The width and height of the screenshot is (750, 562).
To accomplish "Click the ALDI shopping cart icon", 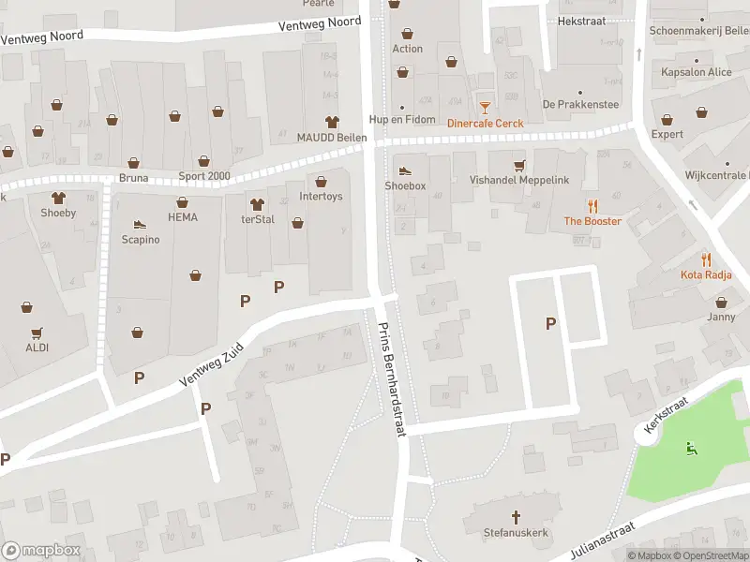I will pos(37,333).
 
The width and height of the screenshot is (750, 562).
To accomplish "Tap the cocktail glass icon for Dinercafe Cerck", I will pos(485,108).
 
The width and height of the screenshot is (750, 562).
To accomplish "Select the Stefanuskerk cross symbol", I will pos(516,516).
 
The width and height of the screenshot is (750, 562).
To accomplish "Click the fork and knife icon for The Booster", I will pos(592,206).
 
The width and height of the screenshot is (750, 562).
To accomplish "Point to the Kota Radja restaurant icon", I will pos(706,259).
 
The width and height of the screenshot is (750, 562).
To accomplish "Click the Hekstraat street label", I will pos(581,20).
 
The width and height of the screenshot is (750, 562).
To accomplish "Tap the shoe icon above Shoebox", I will pos(405,170).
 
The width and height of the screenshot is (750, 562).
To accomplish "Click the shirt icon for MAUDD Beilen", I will pos(331,121).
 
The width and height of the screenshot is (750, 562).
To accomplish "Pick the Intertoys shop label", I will pos(321,197).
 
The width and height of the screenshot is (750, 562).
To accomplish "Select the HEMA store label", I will pos(182,216).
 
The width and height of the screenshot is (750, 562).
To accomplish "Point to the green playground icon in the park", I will pos(692,447).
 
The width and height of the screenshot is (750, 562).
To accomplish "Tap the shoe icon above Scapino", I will pos(140,225).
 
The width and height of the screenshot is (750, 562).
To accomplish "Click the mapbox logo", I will pos(39,550).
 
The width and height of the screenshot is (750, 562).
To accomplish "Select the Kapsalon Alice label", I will pos(697,72).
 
